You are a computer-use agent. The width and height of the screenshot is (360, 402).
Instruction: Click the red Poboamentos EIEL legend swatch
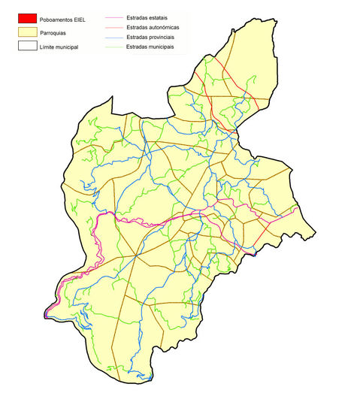click(28, 18)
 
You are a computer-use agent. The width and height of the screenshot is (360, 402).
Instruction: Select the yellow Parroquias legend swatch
click(28, 32)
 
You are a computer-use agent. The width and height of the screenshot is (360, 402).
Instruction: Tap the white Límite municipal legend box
click(28, 47)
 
